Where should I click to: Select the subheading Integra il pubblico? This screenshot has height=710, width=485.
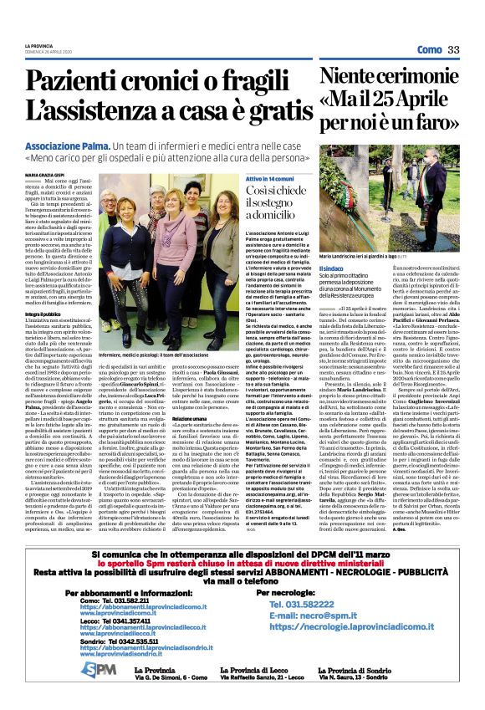[41, 314]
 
